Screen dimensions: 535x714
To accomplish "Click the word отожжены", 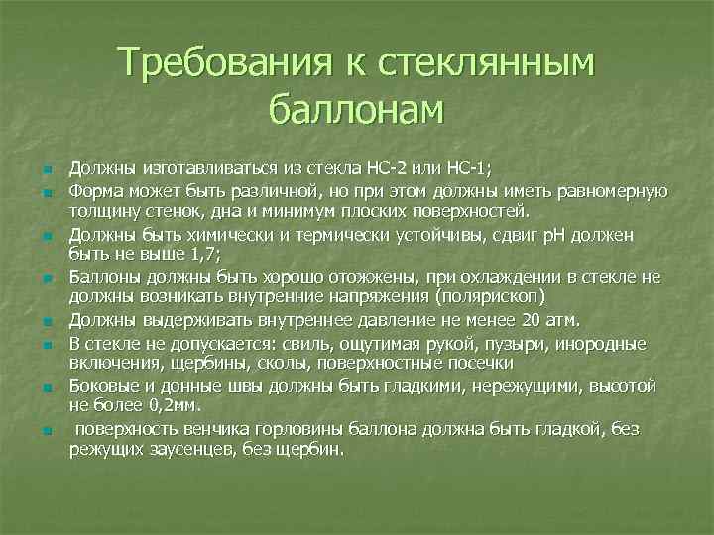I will (x=366, y=277).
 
